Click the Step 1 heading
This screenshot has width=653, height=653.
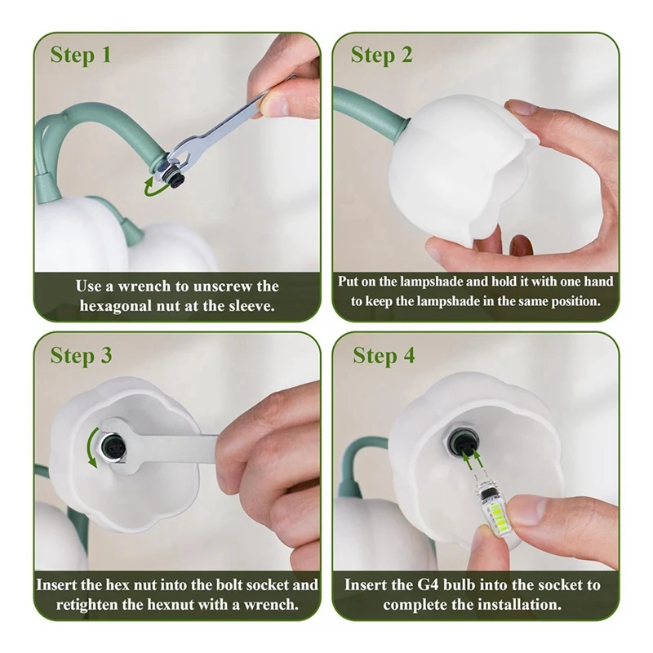click(81, 56)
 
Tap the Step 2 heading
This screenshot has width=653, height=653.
click(381, 56)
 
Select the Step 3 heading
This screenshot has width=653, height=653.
click(81, 356)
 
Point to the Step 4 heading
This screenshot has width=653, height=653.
click(384, 356)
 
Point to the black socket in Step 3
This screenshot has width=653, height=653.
click(113, 448)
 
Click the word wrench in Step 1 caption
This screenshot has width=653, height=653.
click(144, 287)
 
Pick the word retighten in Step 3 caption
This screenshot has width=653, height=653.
click(86, 605)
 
